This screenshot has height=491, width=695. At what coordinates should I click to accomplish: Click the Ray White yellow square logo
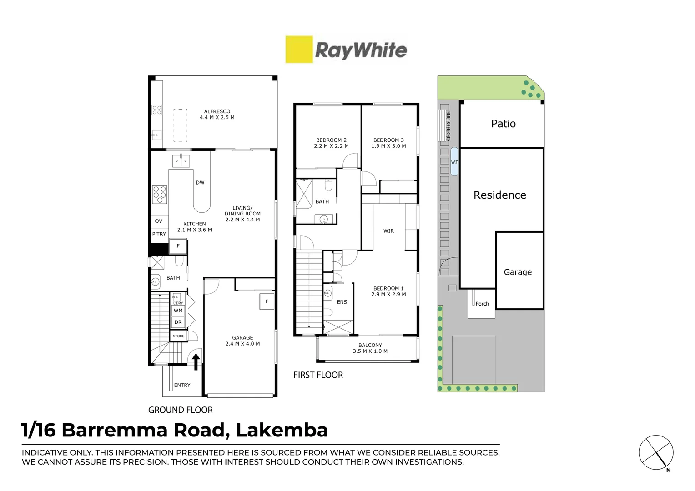(x=299, y=49)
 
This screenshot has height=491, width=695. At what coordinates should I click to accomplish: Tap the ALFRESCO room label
(x=217, y=111)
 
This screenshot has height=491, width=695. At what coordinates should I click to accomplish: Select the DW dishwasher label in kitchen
(x=200, y=183)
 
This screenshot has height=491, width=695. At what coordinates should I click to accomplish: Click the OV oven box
(x=159, y=221)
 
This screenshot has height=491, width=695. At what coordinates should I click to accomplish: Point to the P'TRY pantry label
(x=159, y=234)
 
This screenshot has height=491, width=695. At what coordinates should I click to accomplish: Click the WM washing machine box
(x=178, y=311)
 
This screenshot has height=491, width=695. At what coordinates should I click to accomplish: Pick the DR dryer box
(x=178, y=322)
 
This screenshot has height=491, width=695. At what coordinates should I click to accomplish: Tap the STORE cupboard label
(x=178, y=336)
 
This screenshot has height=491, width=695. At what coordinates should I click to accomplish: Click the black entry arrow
(x=196, y=362)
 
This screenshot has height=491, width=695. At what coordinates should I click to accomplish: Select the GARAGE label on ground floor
(x=242, y=338)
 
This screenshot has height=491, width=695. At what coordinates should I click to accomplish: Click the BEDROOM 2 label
(x=331, y=140)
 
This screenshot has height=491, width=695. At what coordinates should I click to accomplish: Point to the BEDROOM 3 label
(x=388, y=140)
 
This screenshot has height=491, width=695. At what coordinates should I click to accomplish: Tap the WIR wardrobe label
(x=388, y=231)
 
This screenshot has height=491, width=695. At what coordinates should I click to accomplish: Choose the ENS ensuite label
(x=342, y=302)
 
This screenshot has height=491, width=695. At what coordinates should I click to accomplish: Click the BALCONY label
(x=370, y=346)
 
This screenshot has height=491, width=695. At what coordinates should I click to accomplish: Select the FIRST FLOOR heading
(x=318, y=375)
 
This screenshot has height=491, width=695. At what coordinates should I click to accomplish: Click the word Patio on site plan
(x=503, y=124)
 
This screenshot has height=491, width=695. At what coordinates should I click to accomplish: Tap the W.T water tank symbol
(x=454, y=162)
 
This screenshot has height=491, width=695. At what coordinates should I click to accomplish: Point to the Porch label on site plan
(x=482, y=304)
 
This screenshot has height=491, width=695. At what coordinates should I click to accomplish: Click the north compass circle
(x=656, y=453)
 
